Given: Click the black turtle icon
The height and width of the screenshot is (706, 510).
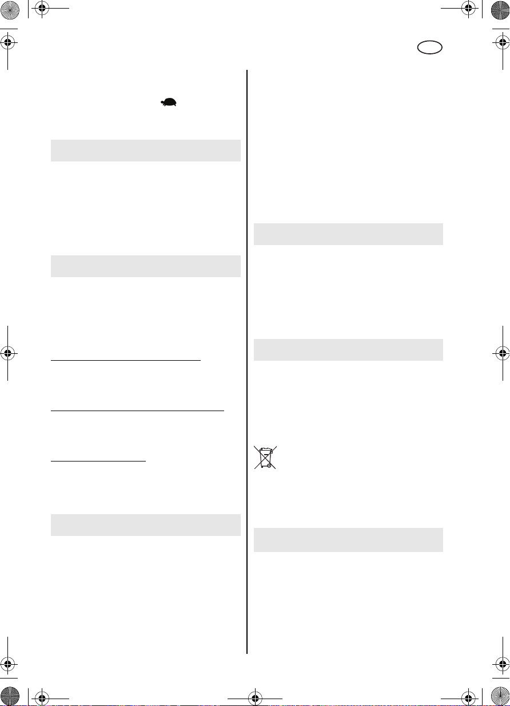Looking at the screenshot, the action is click(x=169, y=102).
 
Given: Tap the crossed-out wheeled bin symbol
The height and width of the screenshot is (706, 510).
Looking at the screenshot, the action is click(x=265, y=457).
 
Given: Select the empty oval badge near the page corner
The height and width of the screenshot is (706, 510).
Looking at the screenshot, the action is click(x=429, y=48).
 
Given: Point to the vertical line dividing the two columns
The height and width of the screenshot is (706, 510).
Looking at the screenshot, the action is click(x=247, y=361).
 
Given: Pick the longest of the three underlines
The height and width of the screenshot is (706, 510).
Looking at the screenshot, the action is click(x=137, y=410).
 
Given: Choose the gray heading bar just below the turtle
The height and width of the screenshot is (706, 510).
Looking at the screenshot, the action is click(x=145, y=150).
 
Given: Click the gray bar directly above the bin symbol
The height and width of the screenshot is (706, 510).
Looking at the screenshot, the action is click(x=348, y=349).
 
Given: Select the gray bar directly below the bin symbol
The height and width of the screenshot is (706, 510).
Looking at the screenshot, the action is click(x=348, y=540).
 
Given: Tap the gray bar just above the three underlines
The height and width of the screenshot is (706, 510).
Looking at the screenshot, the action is click(x=145, y=266).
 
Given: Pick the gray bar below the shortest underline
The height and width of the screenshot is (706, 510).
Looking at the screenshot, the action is click(x=145, y=524).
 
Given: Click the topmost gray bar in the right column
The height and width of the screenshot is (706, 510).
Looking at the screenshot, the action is click(x=348, y=234).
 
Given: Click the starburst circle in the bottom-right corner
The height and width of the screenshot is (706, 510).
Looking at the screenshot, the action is click(x=499, y=695).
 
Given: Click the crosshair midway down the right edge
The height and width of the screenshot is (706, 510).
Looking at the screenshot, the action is click(x=502, y=352).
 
